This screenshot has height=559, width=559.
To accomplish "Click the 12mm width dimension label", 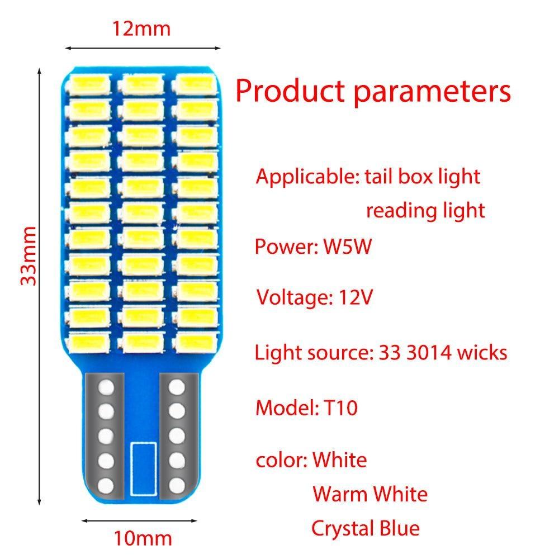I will coord(142,27).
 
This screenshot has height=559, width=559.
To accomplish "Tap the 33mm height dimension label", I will coord(29,255).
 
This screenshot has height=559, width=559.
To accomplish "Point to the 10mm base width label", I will coord(143,539).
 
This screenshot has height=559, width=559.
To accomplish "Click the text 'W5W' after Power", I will coord(347,247).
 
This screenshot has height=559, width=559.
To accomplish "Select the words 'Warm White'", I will coord(370,494).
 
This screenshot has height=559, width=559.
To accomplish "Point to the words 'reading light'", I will coord(425,211).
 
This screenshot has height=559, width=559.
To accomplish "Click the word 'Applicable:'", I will coord(307,177).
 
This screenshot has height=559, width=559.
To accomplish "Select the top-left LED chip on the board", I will coord(89,84).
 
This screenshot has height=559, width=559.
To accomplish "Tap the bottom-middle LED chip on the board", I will coord(141,340).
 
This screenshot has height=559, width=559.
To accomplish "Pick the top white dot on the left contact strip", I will coord(106,387).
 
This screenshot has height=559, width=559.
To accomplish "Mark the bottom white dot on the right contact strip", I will coord(177,484).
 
